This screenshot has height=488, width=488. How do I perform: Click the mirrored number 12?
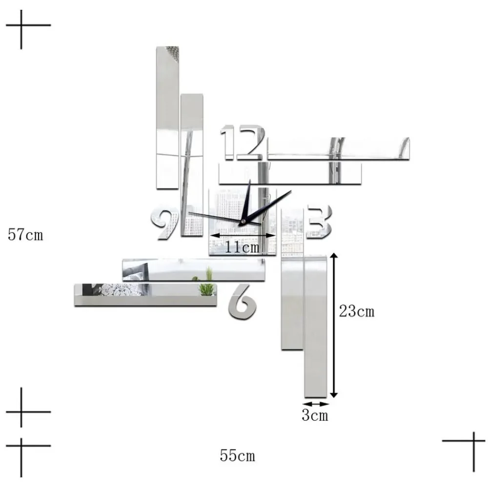[x=243, y=142]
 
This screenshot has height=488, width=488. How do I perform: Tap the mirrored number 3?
[x=319, y=222]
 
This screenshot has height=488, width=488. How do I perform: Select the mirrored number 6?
[x=243, y=302]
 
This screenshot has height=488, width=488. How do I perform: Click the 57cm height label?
[x=25, y=234]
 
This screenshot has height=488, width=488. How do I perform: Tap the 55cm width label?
[x=238, y=455]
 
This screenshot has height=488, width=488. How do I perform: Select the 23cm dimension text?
[x=357, y=311]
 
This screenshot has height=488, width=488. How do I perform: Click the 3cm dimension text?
[x=315, y=415]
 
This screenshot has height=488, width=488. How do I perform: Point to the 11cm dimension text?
[x=242, y=247]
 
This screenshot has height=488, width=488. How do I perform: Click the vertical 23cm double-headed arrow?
[x=334, y=325]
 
